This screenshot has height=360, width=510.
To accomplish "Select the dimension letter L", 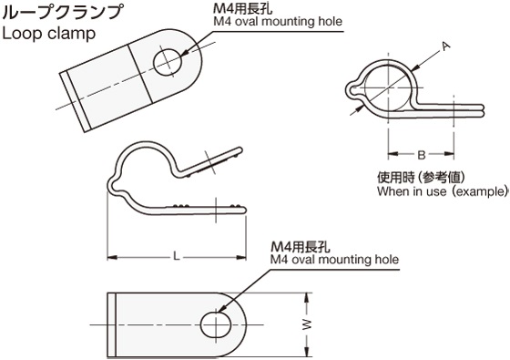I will [176, 257].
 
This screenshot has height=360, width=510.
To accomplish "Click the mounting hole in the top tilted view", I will [167, 62].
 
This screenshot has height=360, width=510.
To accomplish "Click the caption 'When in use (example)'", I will [441, 192].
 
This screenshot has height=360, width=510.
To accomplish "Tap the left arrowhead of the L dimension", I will [112, 257].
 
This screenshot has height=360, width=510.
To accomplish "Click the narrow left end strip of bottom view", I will [113, 324].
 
